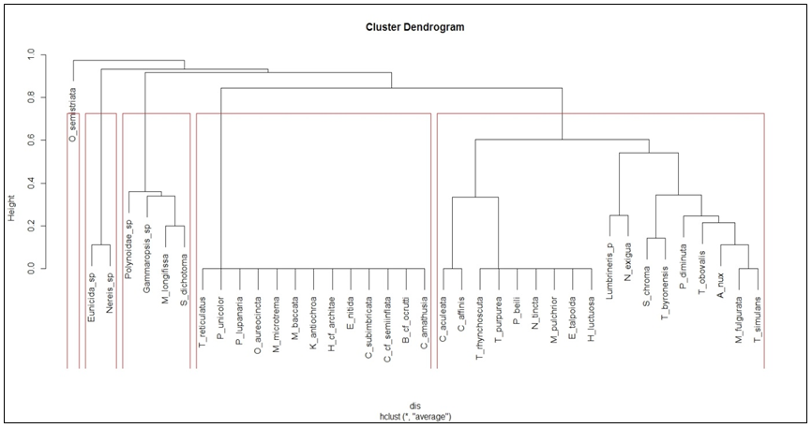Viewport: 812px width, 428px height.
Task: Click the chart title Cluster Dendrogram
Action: tap(414, 27)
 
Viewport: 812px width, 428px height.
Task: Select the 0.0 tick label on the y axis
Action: tap(31, 269)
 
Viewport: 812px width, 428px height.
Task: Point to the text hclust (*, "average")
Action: tap(414, 416)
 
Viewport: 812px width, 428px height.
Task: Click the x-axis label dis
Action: tap(414, 406)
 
